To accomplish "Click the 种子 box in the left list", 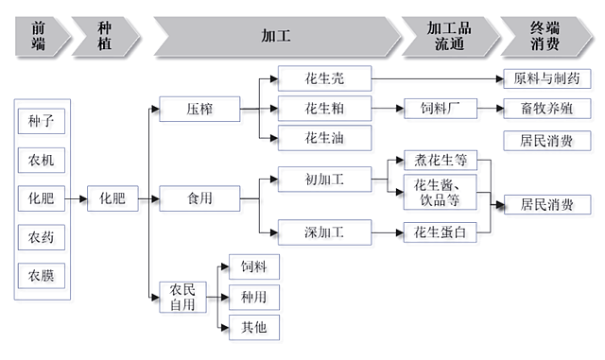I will point(42,123).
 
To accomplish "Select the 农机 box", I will point(42,161).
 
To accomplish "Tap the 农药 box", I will point(42,236).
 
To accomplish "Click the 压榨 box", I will point(199,110).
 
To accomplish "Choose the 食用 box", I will point(199,198).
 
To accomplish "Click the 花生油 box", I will point(323,139).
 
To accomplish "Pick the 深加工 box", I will point(323,230).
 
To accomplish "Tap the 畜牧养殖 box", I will point(547,110).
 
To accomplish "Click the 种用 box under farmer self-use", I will point(254,297).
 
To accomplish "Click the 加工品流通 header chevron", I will point(447,36).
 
